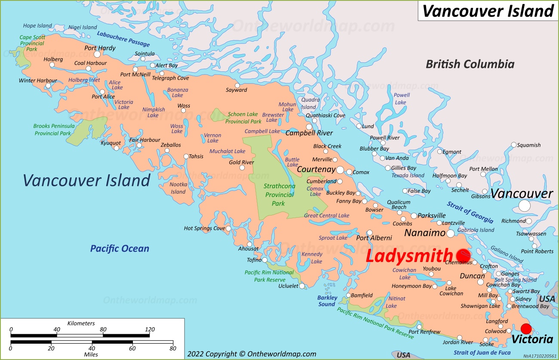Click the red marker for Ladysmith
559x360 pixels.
coord(463,255)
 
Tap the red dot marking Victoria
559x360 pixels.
coord(526,329)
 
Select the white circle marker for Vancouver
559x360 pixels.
coord(524,206)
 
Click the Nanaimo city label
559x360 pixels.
coord(424,233)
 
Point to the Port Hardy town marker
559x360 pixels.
coord(97,54)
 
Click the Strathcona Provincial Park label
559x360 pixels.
coord(278,195)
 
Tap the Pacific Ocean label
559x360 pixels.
coord(120,249)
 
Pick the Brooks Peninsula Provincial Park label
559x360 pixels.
coord(54,130)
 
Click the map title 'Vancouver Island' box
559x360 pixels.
coord(488,11)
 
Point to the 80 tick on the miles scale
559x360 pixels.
coord(173,342)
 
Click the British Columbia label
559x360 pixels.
coord(470,65)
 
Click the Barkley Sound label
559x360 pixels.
coord(327,301)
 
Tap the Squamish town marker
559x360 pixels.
coord(513,145)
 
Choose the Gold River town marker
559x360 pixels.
coord(242,168)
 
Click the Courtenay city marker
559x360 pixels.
coord(340,170)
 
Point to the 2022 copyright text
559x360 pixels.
coord(252,354)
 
